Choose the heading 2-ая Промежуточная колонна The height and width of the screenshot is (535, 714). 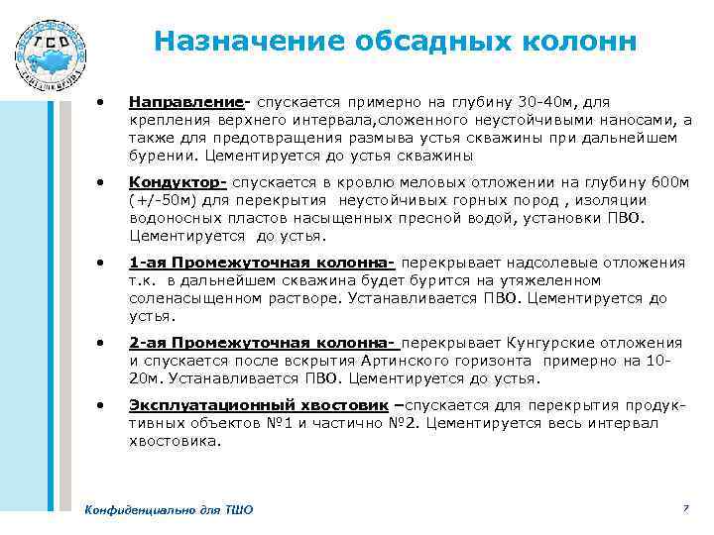(x=262, y=343)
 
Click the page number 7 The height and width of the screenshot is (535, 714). (x=684, y=508)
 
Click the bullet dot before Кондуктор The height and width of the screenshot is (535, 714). (x=98, y=183)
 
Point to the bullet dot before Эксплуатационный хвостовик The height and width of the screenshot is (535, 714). (x=98, y=405)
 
